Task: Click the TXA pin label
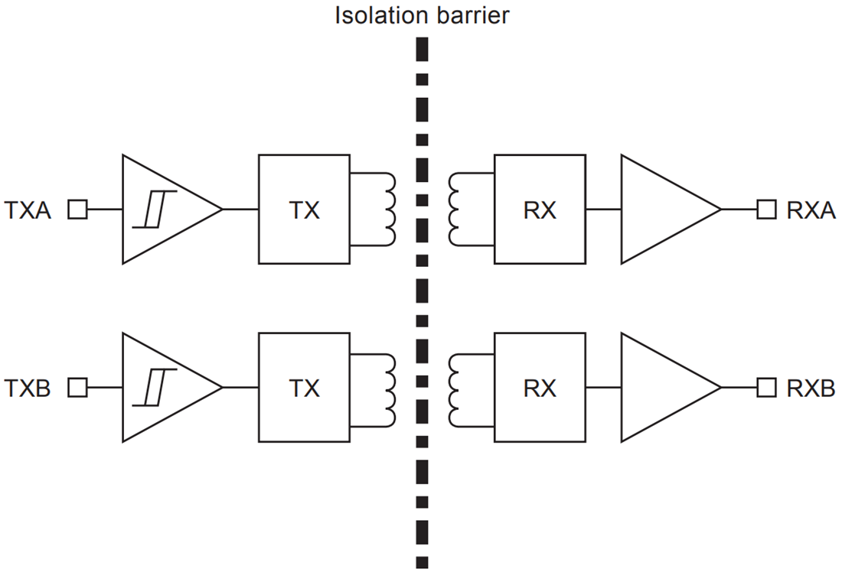coord(28,210)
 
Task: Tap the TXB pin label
coord(28,388)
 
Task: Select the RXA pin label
coord(811,210)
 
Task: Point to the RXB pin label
coord(811,388)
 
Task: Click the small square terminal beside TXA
coord(77,210)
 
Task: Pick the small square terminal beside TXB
coord(77,388)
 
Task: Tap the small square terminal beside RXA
coord(766,210)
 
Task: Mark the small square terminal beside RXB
coord(766,388)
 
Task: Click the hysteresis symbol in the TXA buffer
coord(155,209)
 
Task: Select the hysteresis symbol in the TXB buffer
coord(155,387)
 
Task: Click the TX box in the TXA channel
coord(305,210)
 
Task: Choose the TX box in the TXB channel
coord(305,388)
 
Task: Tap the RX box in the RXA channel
coord(540,210)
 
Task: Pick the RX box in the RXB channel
coord(540,388)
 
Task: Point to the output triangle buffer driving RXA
coord(671,210)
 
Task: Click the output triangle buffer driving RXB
coord(671,388)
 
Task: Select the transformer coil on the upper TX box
coord(395,210)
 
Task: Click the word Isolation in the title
coord(380,15)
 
